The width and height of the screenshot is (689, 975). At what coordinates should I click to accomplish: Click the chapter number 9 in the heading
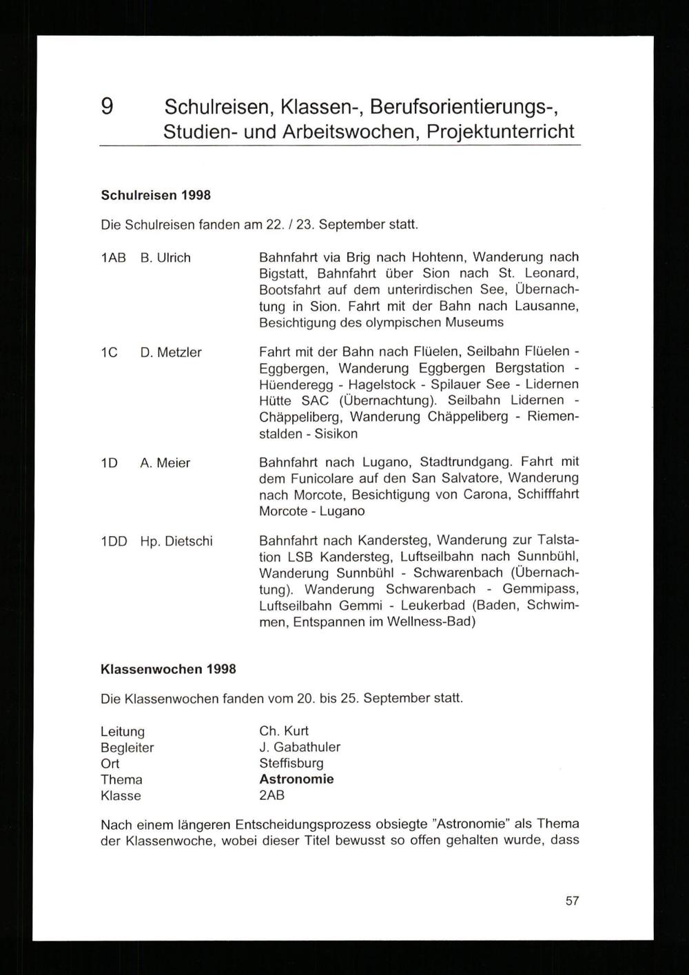point(107,107)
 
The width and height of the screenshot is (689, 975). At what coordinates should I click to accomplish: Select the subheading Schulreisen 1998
point(156,195)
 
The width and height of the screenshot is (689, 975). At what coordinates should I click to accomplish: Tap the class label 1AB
point(113,258)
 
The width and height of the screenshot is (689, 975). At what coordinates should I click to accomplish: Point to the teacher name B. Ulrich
point(165,258)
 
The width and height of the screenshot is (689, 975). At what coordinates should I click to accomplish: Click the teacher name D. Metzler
point(171,352)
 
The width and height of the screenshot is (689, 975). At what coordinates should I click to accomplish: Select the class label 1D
point(109,463)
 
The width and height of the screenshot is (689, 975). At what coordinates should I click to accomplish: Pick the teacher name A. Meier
point(165,463)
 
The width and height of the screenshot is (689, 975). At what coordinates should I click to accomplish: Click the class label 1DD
point(114,542)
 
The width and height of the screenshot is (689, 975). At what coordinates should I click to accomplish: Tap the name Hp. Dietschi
point(176,542)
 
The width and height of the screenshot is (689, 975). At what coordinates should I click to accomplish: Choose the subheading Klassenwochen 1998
point(168,669)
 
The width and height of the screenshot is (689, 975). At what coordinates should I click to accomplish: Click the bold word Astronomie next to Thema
point(296,779)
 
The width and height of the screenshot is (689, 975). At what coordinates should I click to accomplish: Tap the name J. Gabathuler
point(300,747)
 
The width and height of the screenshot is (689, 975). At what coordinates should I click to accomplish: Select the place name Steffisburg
point(291,763)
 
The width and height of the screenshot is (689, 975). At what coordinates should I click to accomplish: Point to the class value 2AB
point(272,795)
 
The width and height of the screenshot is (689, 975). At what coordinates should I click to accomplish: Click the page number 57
point(572,901)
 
